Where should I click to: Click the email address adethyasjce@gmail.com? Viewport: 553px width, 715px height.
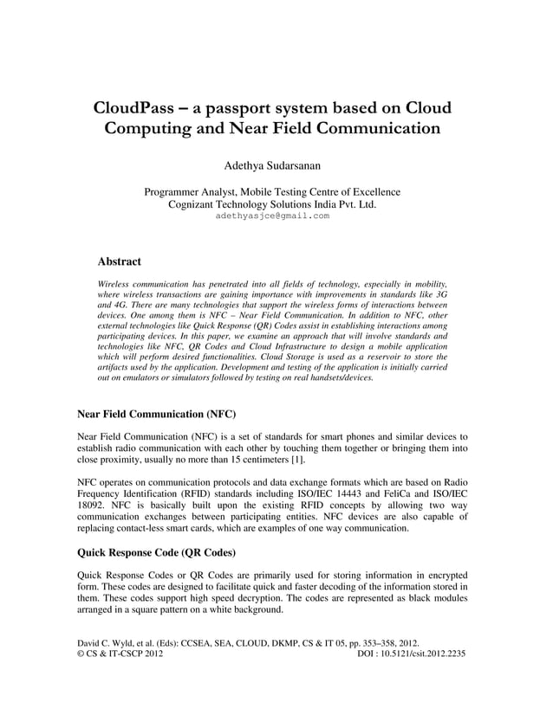(x=272, y=216)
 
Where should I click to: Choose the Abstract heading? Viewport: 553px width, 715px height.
(x=120, y=261)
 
